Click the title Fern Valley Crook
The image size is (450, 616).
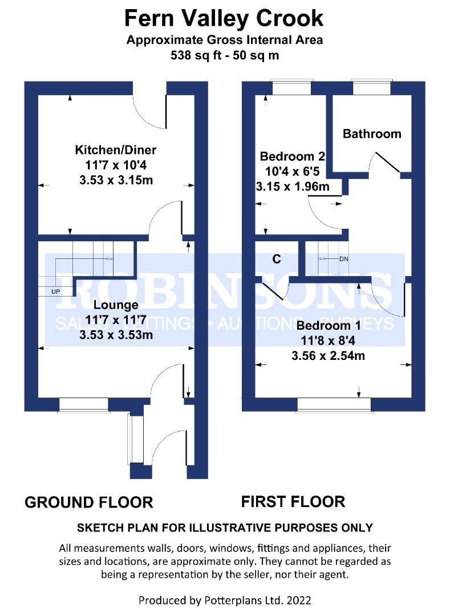[224, 19]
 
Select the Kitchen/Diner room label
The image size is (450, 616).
[115, 151]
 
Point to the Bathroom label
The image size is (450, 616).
[372, 134]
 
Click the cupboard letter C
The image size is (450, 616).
[276, 260]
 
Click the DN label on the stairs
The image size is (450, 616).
[343, 259]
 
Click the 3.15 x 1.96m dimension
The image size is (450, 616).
[292, 187]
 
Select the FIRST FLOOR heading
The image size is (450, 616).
[293, 502]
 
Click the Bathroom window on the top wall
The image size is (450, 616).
[371, 87]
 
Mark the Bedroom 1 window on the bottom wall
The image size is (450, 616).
[334, 404]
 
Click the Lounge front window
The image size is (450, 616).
[83, 404]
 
